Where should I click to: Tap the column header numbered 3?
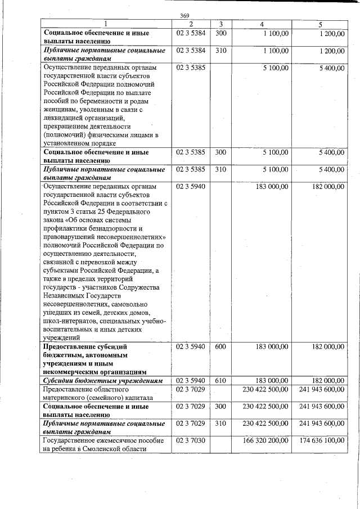221,24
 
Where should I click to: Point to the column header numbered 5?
319,24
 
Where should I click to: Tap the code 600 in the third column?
220,347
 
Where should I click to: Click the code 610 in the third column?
220,381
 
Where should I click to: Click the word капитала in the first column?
138,397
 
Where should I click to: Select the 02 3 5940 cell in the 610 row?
190,381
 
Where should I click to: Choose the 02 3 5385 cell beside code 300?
190,152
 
